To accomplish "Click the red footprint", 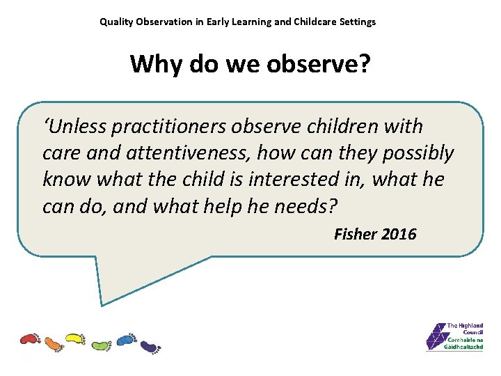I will point(31,339).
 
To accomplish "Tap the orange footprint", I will point(54,343).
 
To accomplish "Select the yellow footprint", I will point(75,339).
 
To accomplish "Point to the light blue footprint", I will point(125,339).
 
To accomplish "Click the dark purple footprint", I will point(150,345).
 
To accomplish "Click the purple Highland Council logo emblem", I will point(436,336).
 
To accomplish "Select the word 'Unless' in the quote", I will point(76,127).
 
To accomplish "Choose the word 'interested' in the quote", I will point(285,180).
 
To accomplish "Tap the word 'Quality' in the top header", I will point(117,22).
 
